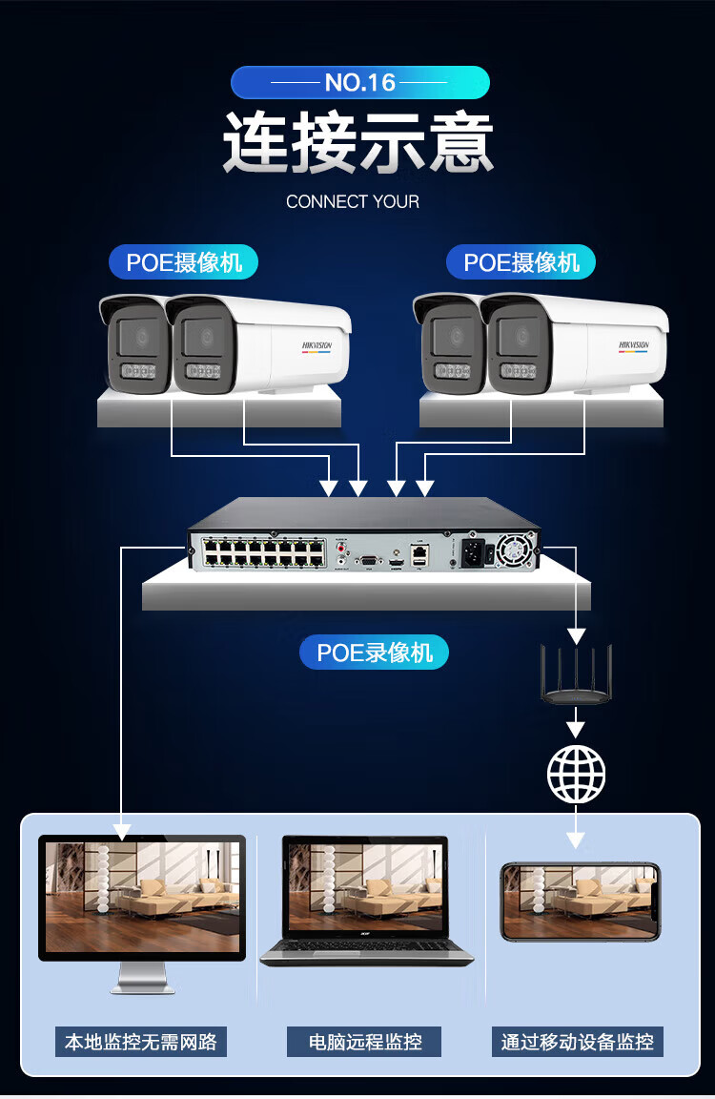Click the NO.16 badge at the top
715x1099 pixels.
(x=359, y=83)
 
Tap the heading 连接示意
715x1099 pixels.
(x=358, y=143)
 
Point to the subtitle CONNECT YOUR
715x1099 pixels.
(x=353, y=201)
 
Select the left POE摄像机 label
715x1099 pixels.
(x=184, y=262)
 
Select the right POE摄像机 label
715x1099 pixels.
(x=521, y=262)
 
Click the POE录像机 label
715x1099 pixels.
(x=375, y=653)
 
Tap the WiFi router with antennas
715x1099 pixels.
(x=576, y=679)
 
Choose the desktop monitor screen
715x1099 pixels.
(x=142, y=897)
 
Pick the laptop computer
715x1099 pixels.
(x=367, y=902)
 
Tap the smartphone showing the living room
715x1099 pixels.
(x=580, y=902)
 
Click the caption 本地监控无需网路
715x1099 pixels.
(x=141, y=1042)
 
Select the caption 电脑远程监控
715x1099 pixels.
(x=364, y=1042)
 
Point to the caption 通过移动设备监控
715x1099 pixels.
(x=578, y=1042)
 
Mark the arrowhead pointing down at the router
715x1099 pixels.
(x=576, y=635)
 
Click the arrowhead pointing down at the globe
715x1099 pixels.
(x=576, y=728)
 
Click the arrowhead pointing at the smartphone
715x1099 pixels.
(x=576, y=840)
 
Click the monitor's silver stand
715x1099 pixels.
(x=142, y=978)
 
